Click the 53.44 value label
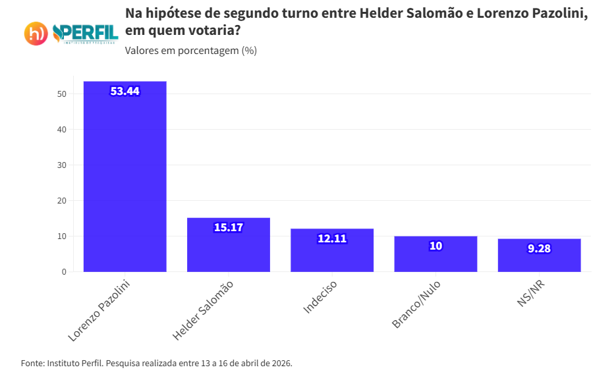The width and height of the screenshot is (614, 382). pyautogui.click(x=125, y=92)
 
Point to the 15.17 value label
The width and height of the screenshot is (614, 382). pyautogui.click(x=229, y=227)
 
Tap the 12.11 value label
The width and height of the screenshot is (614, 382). pyautogui.click(x=332, y=238)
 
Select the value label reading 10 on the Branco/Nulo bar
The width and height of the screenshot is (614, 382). pyautogui.click(x=435, y=246)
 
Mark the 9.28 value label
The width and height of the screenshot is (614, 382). pyautogui.click(x=539, y=248)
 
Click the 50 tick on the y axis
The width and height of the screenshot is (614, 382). pyautogui.click(x=62, y=94)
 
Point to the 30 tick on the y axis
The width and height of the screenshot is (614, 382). pyautogui.click(x=62, y=165)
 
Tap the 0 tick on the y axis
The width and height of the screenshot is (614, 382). pyautogui.click(x=64, y=271)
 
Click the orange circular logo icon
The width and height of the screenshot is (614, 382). pyautogui.click(x=36, y=34)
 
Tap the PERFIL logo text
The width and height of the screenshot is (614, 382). pyautogui.click(x=86, y=32)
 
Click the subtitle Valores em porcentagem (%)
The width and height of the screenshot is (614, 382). pyautogui.click(x=190, y=51)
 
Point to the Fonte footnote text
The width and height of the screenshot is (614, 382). pyautogui.click(x=156, y=363)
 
